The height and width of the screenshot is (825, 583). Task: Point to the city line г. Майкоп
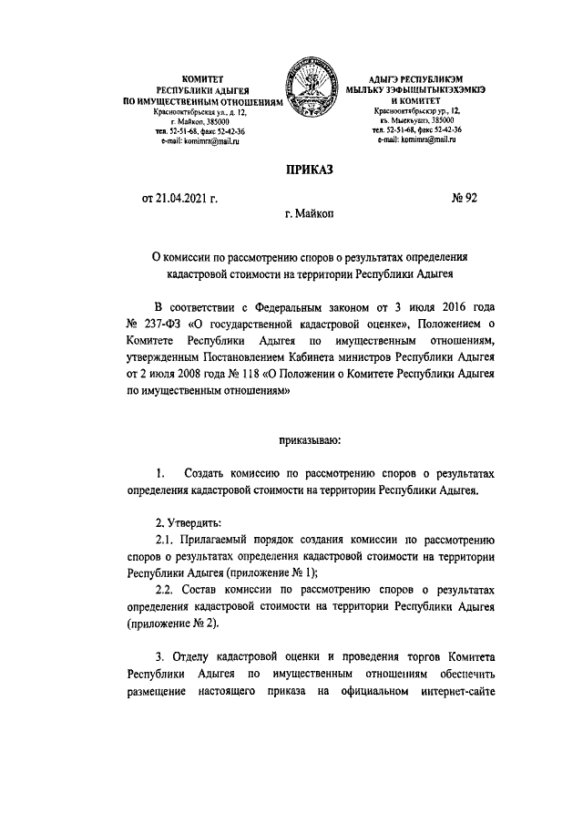[310, 215]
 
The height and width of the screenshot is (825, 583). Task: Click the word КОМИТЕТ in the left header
[204, 81]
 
